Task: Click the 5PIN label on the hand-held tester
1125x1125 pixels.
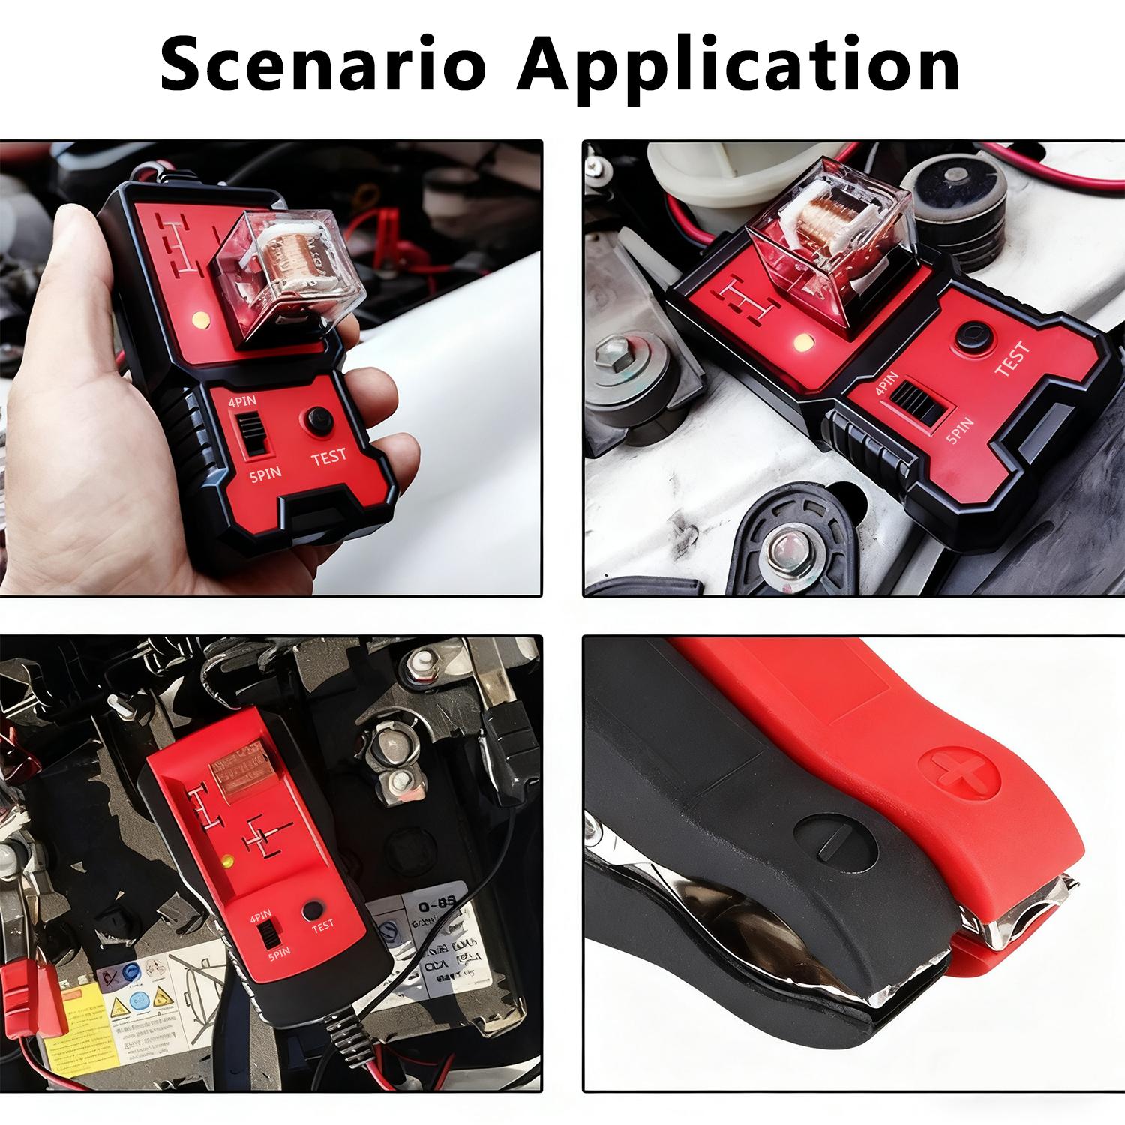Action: pos(264,475)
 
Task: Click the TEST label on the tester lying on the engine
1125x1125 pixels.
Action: pos(1012,358)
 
